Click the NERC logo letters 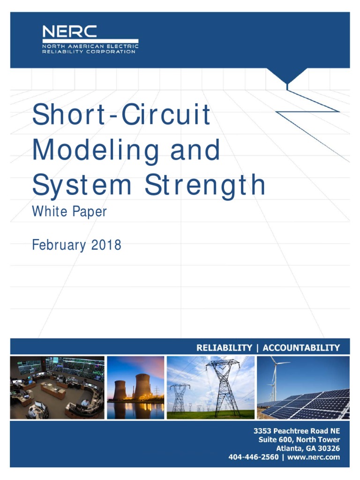69,31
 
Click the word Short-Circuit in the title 121,115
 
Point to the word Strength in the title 205,185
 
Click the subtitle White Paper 69,212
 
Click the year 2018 106,245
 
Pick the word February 59,245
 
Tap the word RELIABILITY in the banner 224,347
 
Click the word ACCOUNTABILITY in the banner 301,347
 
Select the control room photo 57,387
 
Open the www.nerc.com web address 314,457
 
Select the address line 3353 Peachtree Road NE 296,431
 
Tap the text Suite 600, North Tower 299,440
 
